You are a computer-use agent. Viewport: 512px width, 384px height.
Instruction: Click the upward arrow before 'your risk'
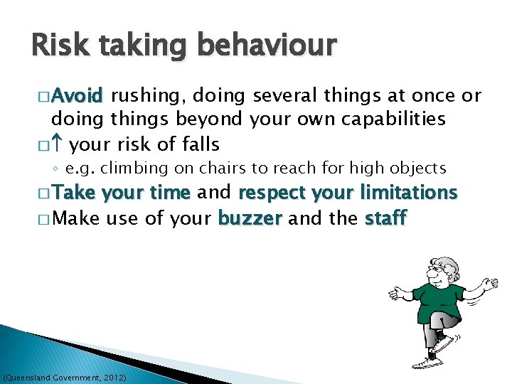point(58,144)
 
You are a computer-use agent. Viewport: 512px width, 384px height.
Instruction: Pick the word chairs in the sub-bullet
point(223,169)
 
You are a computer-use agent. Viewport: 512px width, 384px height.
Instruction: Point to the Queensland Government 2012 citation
point(65,376)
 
